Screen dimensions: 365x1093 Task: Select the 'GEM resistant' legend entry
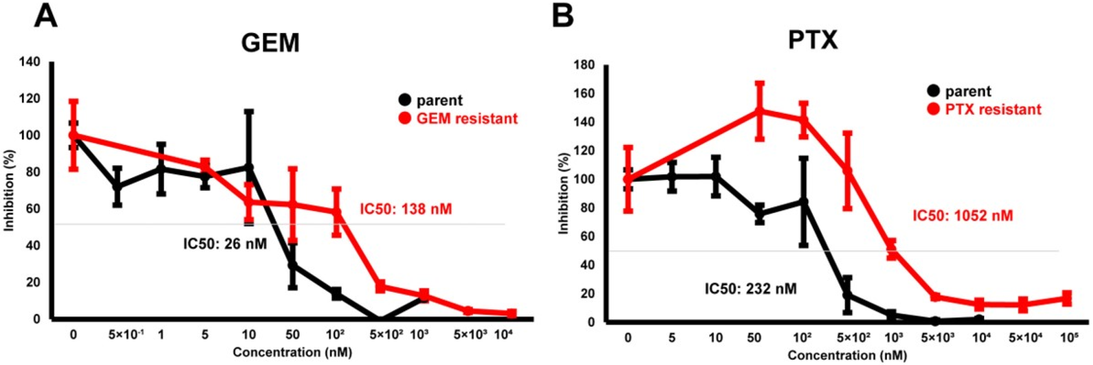point(466,118)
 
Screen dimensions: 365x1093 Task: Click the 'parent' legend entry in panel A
point(439,101)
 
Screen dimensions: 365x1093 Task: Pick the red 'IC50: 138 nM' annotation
point(406,209)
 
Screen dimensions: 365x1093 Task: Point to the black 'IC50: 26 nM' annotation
point(225,244)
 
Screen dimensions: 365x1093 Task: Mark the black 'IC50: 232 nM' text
point(751,289)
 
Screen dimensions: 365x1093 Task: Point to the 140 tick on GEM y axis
point(31,62)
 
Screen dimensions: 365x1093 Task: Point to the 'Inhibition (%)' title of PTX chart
point(564,193)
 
